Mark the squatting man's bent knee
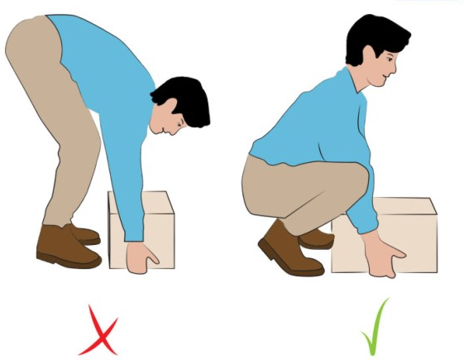click(352, 178)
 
